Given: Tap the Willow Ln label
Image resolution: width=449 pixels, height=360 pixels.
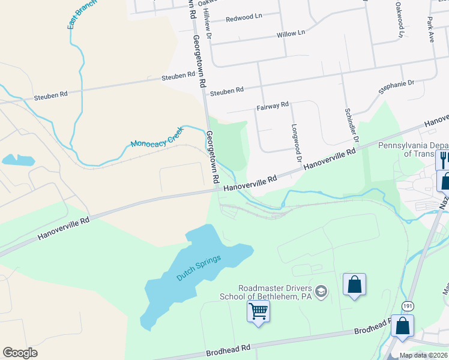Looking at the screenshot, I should pos(291,34).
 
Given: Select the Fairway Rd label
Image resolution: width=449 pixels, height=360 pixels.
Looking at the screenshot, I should pos(273,106).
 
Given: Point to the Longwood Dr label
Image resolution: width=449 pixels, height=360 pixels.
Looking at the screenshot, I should pos(295,143).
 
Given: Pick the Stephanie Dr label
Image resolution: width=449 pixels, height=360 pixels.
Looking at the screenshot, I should pos(396,86).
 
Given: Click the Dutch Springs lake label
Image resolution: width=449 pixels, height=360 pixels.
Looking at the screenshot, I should pos(199,268).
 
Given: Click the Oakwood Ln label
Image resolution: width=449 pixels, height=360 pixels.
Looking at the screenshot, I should pos(399,19).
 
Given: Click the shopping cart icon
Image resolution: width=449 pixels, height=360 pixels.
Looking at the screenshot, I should pos(258,311).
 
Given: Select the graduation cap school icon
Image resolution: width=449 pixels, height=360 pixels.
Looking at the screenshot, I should pos(322,292).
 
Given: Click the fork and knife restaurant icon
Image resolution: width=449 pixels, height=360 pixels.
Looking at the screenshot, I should pos(444,159).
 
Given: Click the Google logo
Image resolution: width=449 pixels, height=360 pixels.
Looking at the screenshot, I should pos(20,353).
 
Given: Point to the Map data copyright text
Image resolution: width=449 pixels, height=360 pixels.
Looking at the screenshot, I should pos(423,355).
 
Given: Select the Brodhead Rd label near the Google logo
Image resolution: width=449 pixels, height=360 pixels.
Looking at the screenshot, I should pos(228,349).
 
